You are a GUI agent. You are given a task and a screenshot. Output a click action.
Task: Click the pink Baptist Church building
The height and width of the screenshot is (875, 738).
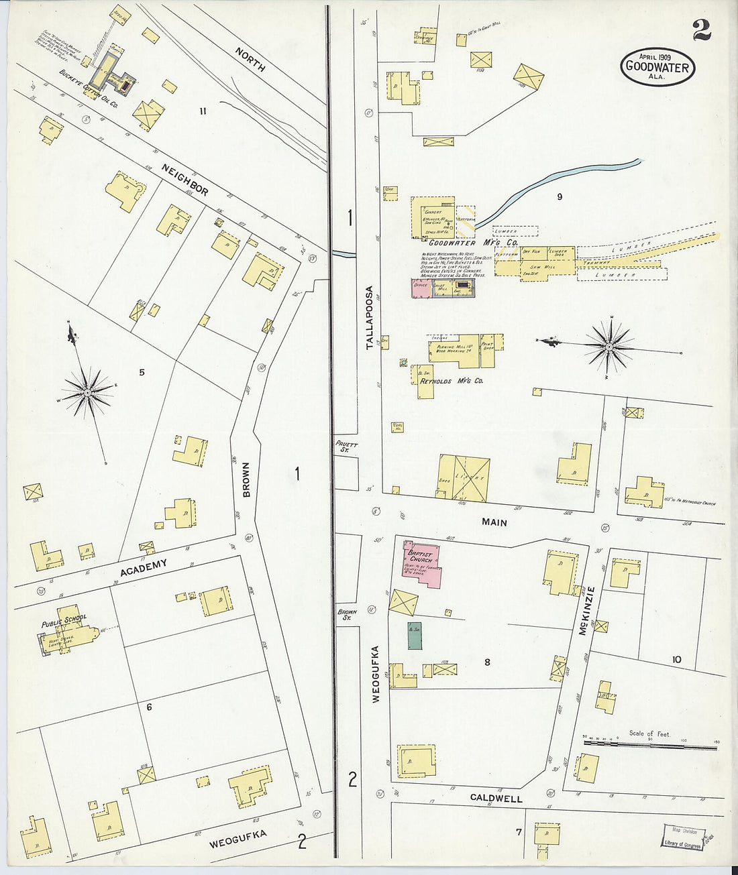pos(421,564)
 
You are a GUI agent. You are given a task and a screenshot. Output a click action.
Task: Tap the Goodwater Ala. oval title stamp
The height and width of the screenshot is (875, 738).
pos(657,67)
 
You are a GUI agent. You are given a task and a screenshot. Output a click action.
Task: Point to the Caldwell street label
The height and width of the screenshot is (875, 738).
pos(496,799)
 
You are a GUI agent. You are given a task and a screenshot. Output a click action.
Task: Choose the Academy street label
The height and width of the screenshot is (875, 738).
pos(143,568)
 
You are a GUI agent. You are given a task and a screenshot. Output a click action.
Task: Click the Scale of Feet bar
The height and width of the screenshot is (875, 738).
pos(649,745)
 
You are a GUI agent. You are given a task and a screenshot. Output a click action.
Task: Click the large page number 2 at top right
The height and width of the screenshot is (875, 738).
pos(702,30)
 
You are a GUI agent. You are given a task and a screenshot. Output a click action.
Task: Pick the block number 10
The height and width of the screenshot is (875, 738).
pos(676,660)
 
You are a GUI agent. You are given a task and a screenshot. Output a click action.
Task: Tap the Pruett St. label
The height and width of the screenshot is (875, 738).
pos(348,447)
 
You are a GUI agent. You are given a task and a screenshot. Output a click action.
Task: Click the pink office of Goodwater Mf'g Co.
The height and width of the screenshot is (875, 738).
pos(421,288)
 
